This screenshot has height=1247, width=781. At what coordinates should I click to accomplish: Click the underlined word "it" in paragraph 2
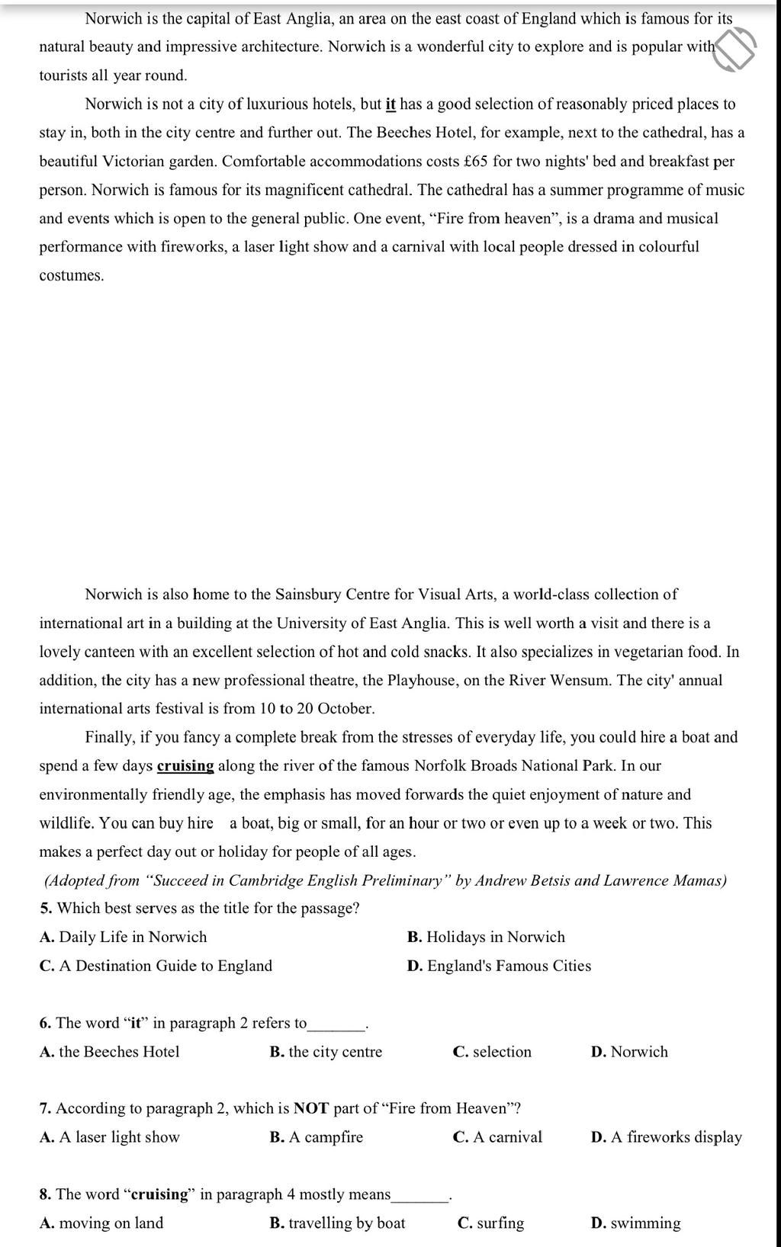click(x=390, y=104)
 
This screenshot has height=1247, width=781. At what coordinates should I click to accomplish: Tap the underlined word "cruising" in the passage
click(x=185, y=766)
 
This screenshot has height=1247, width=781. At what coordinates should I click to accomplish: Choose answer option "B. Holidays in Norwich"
click(x=486, y=938)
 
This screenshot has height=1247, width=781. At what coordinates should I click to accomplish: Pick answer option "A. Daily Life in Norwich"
click(x=123, y=938)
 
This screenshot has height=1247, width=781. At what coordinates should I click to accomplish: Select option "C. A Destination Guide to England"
click(x=156, y=967)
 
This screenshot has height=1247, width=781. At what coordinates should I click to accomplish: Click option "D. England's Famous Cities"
click(x=499, y=967)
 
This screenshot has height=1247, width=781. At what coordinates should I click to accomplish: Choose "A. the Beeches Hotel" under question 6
click(x=109, y=1053)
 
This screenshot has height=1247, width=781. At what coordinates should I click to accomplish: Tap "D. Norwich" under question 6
click(x=629, y=1053)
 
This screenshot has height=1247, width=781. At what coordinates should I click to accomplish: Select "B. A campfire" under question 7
click(x=316, y=1138)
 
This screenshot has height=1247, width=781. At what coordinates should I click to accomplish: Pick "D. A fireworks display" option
click(x=666, y=1138)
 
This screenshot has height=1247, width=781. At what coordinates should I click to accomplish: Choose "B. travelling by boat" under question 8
click(x=337, y=1224)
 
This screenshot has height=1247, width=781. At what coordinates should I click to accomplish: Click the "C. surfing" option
click(x=490, y=1224)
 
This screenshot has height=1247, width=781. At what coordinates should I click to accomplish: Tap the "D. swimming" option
click(x=635, y=1224)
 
